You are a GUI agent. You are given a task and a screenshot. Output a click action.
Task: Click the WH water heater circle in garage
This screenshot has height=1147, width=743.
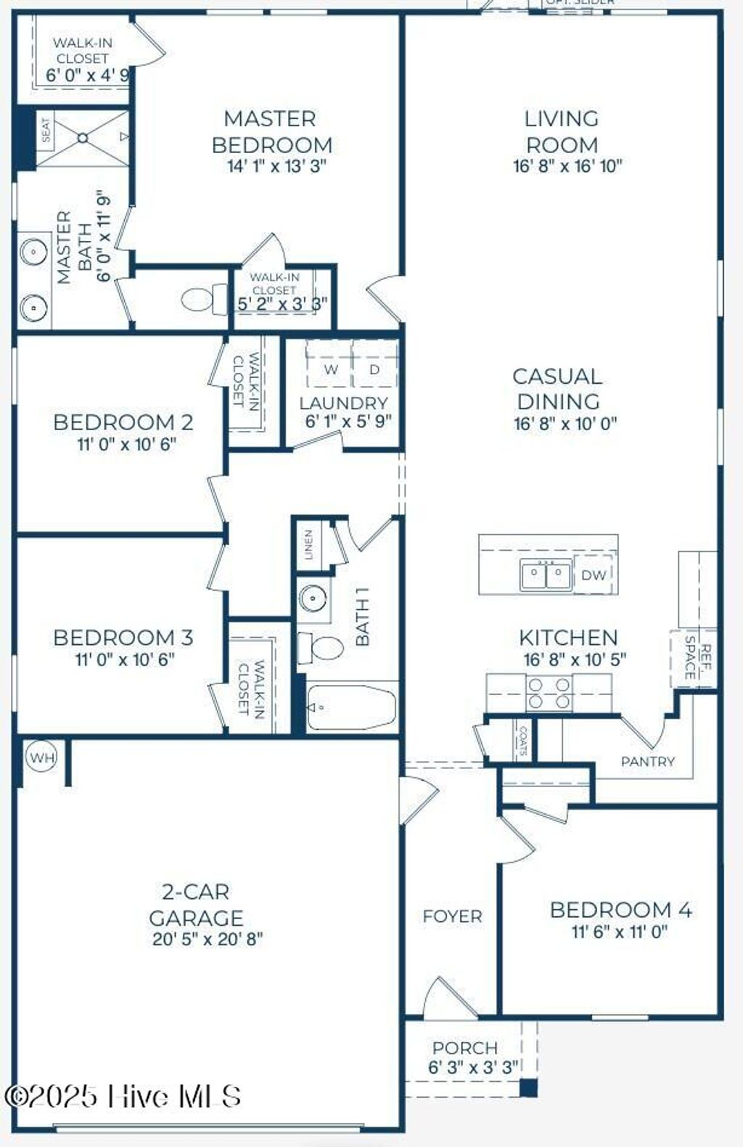42,758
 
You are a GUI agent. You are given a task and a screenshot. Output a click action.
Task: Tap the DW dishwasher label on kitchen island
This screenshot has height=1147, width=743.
594,575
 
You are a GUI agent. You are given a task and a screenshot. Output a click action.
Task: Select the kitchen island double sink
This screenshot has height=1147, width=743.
545,575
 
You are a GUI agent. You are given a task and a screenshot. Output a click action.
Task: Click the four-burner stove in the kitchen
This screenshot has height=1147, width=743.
549,693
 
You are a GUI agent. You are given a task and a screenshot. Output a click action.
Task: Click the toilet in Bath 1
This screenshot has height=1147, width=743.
321,648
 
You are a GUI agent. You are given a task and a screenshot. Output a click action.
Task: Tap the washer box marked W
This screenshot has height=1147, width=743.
331,369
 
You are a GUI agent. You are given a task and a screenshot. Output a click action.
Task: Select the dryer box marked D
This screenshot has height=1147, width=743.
374,369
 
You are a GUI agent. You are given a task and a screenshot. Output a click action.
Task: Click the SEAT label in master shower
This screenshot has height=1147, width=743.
46,131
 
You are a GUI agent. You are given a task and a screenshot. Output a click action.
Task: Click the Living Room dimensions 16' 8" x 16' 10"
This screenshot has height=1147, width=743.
567,166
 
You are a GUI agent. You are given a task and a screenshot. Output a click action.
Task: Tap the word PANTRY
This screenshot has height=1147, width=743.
647,761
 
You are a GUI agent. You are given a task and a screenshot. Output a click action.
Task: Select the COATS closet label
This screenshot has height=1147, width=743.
523,741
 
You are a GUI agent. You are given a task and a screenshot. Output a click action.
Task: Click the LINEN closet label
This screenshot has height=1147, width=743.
308,545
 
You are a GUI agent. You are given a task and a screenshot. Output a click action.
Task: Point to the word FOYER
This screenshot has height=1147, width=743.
452,916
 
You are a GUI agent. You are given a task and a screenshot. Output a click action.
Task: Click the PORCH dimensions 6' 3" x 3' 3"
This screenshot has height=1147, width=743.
473,1067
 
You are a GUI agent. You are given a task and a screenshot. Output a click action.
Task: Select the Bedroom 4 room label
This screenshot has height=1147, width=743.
620,910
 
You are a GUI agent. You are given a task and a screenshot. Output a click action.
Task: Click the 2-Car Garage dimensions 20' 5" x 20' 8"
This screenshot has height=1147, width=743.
208,939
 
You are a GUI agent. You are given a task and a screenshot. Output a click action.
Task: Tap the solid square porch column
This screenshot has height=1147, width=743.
529,1087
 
